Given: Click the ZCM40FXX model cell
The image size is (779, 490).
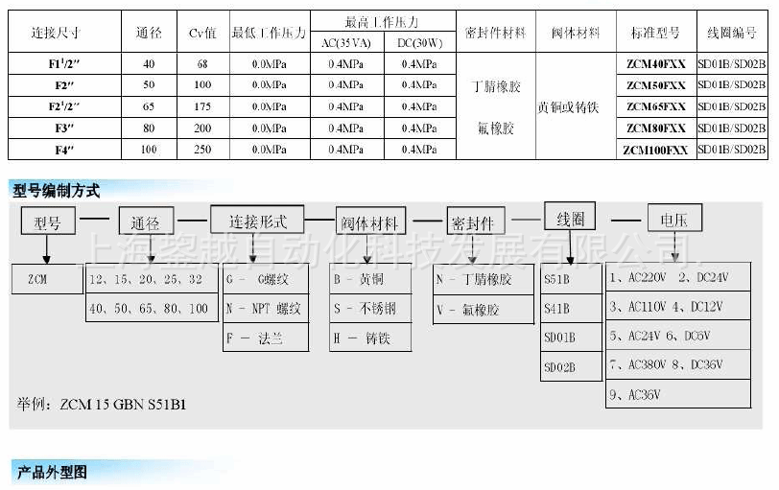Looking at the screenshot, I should point(655,63).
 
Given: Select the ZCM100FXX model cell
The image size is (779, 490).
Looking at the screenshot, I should point(655,150).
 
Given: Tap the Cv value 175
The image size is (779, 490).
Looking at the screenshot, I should point(202,106).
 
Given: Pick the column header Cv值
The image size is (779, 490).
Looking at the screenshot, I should point(202,33).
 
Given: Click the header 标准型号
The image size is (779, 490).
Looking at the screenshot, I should point(655,33).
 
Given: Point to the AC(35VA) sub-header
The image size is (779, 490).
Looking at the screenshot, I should point(348,42).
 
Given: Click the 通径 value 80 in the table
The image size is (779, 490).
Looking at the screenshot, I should point(148,128).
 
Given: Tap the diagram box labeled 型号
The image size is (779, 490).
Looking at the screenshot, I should point(47,223).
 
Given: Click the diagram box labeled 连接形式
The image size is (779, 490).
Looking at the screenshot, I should point(257,221).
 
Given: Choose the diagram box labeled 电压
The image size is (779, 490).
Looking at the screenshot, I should point(674,220).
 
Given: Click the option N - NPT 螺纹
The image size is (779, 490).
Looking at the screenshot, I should point(266,309).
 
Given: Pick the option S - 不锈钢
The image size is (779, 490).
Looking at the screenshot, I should point(371,309).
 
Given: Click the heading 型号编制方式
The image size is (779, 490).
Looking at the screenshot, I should point(57,191).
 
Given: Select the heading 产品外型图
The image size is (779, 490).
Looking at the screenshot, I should point(52,472).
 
